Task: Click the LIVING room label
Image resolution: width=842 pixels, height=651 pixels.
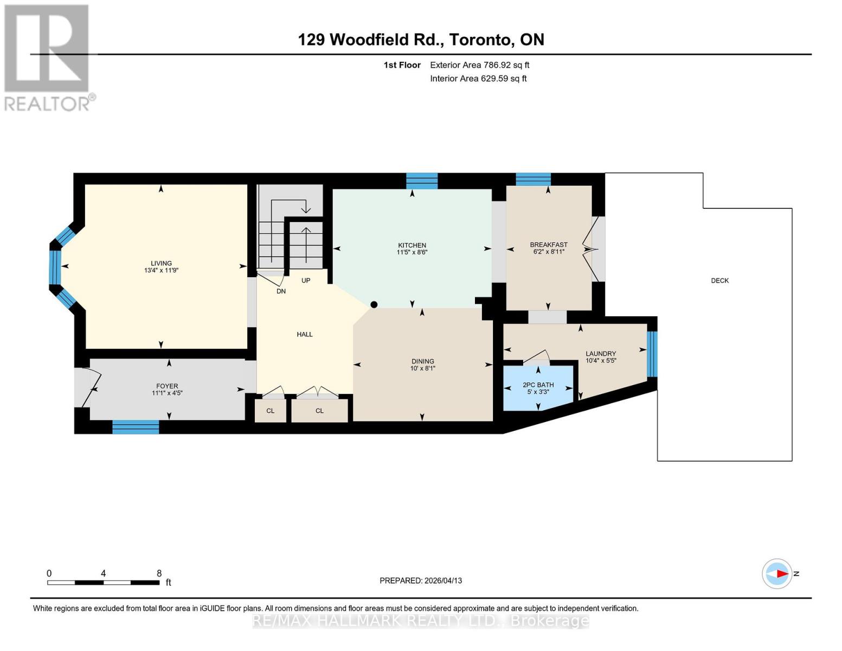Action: point(161,263)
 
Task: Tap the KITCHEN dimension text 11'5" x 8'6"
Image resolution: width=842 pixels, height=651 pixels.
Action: point(412,252)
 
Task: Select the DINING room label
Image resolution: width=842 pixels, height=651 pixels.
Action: point(422,361)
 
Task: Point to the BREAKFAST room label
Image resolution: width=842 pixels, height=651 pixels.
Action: point(549,245)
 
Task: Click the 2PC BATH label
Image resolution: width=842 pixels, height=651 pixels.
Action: point(538,385)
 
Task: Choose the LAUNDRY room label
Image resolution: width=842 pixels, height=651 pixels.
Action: point(601,354)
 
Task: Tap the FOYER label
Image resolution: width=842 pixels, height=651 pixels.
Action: point(167,386)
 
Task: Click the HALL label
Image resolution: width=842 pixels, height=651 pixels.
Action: point(305,334)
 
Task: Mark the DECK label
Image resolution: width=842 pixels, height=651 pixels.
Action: point(720,280)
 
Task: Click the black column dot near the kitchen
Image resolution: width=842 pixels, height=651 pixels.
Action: point(374,305)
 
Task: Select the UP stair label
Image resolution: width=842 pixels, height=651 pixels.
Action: point(306,280)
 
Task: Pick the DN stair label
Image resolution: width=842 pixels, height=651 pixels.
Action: point(281,291)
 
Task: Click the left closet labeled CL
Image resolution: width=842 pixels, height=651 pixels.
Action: point(270,411)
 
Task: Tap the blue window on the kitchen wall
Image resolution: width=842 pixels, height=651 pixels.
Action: point(422,181)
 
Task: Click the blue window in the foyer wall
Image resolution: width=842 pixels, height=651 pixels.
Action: point(136,427)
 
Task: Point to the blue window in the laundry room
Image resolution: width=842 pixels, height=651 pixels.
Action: point(652,354)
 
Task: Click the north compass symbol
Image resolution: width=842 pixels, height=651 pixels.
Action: point(777,573)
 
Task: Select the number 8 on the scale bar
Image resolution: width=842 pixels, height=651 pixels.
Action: point(159,573)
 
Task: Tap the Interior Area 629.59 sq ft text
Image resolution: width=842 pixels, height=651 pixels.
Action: point(478,79)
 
